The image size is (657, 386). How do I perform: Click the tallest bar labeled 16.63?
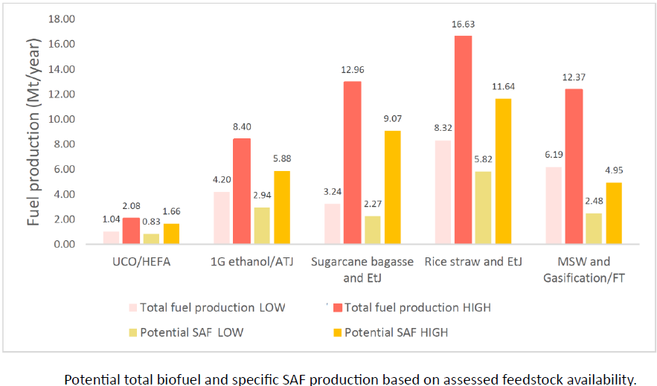pos(463,140)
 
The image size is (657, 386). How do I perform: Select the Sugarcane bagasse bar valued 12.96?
pos(353,163)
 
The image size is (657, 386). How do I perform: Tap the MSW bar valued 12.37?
pos(573,167)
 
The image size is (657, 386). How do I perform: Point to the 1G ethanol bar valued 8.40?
pos(243,191)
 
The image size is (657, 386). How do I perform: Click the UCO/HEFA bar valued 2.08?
pos(132,231)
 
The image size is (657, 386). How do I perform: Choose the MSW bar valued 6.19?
pos(554,205)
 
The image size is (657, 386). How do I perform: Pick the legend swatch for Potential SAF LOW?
pos(133,333)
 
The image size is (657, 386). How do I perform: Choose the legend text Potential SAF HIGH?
pos(396,333)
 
